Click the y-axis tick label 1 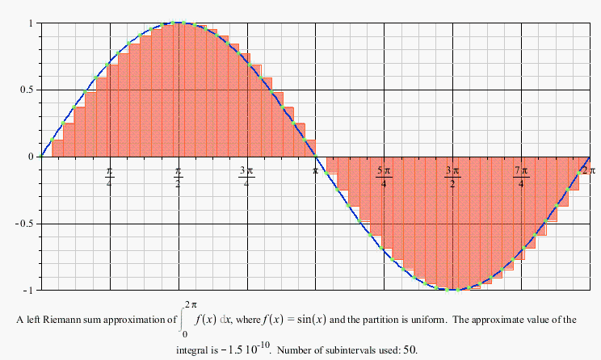click(30, 23)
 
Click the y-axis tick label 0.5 click(26, 90)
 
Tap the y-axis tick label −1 click(27, 290)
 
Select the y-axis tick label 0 click(30, 157)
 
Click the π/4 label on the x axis click(109, 177)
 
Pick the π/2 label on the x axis click(178, 177)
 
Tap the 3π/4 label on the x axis click(246, 177)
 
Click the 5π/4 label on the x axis click(384, 177)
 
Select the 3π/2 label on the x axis click(452, 177)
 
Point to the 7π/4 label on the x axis click(521, 177)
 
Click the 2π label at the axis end click(587, 170)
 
